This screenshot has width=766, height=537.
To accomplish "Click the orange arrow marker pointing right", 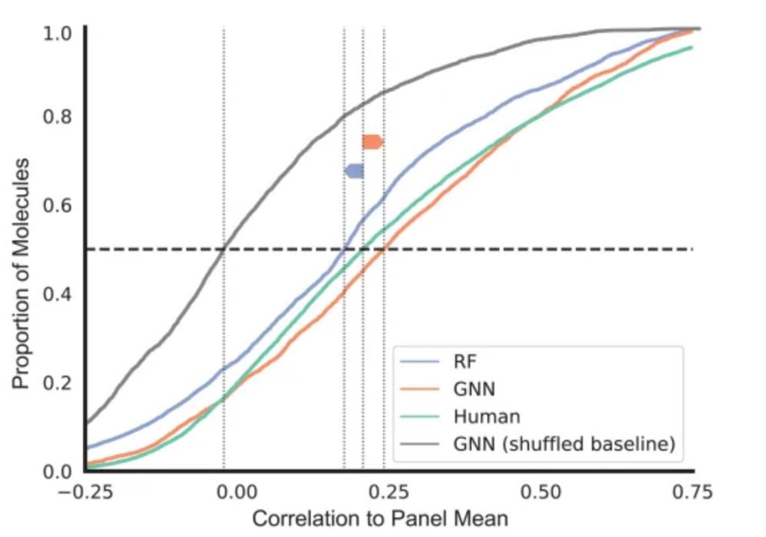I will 372,142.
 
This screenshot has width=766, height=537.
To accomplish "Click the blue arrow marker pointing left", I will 354,171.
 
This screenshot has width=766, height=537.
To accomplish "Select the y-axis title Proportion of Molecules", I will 23,273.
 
